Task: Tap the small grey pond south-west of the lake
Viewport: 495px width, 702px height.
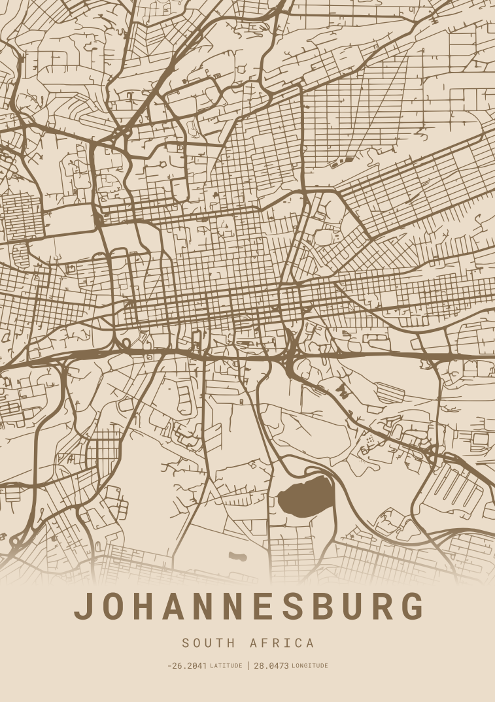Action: [x=237, y=557]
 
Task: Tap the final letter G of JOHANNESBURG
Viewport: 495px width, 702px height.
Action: [x=412, y=607]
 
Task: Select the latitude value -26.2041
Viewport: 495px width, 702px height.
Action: [x=187, y=666]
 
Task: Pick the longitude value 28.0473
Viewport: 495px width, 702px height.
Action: [x=271, y=666]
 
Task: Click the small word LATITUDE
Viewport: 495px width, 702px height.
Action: [x=226, y=666]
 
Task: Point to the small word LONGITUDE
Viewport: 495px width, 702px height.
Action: [x=310, y=666]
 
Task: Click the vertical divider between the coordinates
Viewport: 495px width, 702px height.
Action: [x=248, y=666]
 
